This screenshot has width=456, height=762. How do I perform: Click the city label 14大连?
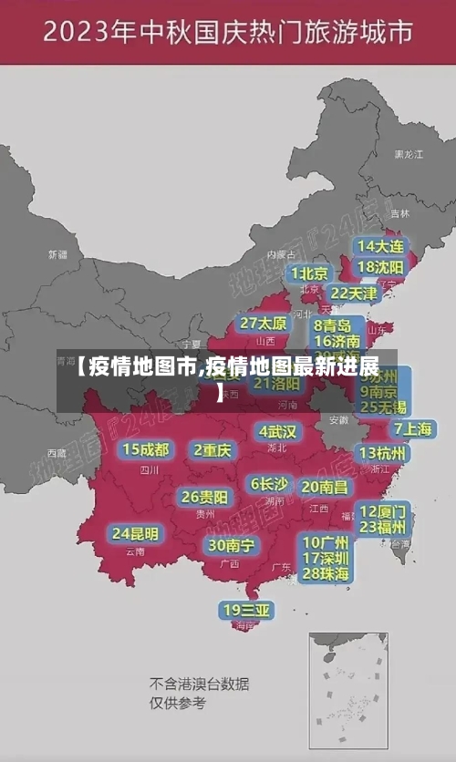pyautogui.click(x=380, y=246)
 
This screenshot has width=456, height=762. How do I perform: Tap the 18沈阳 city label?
pyautogui.click(x=380, y=266)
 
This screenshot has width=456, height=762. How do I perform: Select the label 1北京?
pyautogui.click(x=309, y=273)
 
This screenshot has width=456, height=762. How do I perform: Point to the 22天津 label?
pyautogui.click(x=353, y=293)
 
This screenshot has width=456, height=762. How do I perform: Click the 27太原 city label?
pyautogui.click(x=264, y=324)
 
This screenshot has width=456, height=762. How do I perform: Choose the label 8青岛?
pyautogui.click(x=333, y=324)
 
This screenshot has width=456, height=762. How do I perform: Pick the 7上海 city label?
pyautogui.click(x=412, y=429)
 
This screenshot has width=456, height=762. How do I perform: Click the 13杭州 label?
pyautogui.click(x=383, y=453)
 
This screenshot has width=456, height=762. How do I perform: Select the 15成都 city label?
pyautogui.click(x=146, y=449)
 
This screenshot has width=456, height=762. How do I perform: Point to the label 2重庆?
pyautogui.click(x=212, y=449)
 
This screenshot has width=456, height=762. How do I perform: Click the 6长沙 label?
pyautogui.click(x=269, y=484)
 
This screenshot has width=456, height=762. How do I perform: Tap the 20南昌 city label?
pyautogui.click(x=324, y=488)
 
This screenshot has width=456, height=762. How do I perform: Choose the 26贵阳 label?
pyautogui.click(x=204, y=498)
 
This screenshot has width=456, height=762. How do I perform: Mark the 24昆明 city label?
pyautogui.click(x=135, y=533)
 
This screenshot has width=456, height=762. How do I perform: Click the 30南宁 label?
pyautogui.click(x=231, y=545)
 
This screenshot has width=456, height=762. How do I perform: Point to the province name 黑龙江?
pyautogui.click(x=408, y=155)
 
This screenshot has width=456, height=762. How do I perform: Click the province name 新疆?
pyautogui.click(x=57, y=254)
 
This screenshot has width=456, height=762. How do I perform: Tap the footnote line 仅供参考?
pyautogui.click(x=178, y=703)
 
